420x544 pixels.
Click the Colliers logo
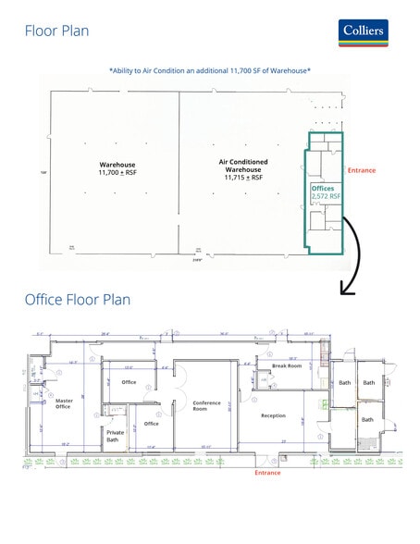click(x=363, y=31)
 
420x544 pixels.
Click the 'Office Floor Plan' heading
click(x=77, y=300)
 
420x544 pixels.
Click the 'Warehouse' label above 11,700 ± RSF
click(x=117, y=164)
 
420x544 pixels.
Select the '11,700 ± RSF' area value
click(x=117, y=173)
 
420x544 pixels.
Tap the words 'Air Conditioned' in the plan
click(x=243, y=161)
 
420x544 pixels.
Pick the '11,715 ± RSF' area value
click(x=243, y=178)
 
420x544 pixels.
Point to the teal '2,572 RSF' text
click(x=326, y=196)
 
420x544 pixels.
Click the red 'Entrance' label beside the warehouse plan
click(x=362, y=170)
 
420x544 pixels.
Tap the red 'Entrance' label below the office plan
click(x=268, y=473)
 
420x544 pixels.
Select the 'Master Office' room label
click(x=64, y=403)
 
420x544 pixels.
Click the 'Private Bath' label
click(x=116, y=436)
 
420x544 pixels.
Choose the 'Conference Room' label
click(x=206, y=405)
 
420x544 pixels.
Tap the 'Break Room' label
click(x=287, y=365)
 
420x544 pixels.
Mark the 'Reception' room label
click(x=274, y=415)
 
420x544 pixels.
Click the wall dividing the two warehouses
click(x=179, y=167)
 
